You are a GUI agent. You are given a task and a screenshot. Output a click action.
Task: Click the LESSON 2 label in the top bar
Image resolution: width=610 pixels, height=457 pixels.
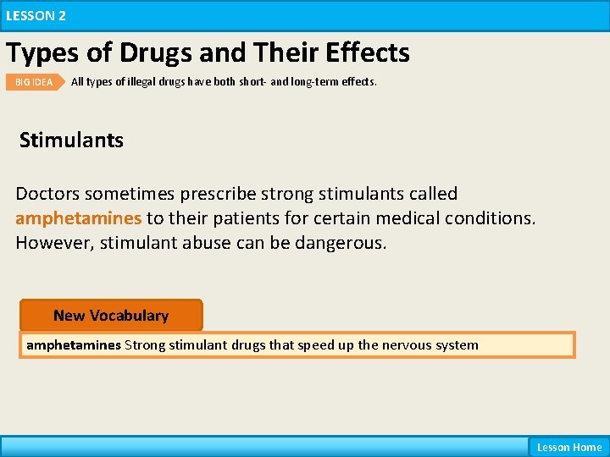[36, 15]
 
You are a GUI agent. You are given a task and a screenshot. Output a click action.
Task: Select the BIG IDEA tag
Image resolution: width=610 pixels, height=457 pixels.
[34, 82]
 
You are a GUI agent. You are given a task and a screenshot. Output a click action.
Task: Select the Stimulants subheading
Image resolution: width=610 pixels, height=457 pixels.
[71, 140]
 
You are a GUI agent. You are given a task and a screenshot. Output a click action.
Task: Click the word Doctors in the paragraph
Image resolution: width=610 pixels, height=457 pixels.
[48, 194]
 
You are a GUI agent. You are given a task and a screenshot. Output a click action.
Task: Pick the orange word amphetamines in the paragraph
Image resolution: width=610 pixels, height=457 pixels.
[78, 218]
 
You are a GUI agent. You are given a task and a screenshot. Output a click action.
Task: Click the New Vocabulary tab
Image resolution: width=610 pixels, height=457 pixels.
[111, 316]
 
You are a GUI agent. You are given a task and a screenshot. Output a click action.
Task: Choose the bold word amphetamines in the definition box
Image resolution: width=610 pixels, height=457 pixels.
[74, 345]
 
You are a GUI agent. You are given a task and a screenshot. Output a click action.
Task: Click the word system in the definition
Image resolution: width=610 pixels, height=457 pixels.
[457, 345]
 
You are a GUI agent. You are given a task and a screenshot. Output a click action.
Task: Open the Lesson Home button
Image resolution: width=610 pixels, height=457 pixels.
[568, 447]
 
